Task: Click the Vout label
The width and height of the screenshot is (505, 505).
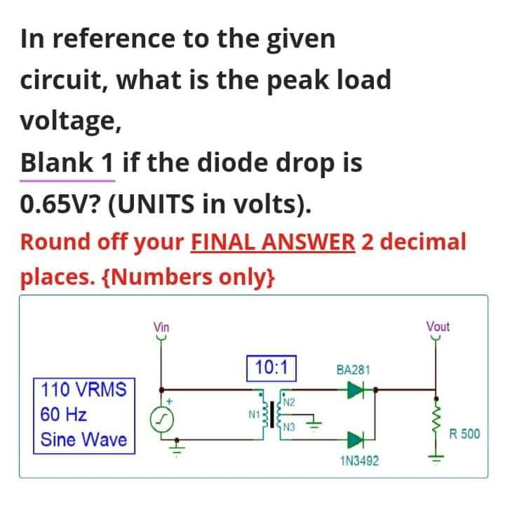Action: click(438, 327)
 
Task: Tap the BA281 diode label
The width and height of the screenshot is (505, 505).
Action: click(353, 370)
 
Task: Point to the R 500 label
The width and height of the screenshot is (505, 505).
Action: click(464, 433)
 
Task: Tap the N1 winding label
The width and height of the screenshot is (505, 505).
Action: click(254, 415)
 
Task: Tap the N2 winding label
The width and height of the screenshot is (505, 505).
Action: click(290, 402)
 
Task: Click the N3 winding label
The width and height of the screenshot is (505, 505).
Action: click(290, 427)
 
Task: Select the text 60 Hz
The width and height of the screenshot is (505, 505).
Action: click(64, 414)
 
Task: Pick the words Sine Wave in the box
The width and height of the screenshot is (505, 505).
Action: click(83, 440)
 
